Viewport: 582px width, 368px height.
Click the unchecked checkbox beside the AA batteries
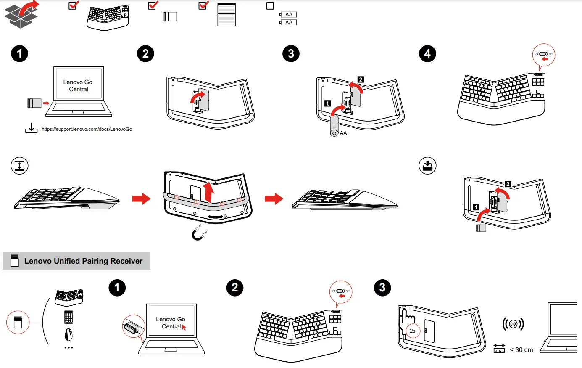pos(270,6)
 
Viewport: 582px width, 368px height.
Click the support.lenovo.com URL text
pos(87,129)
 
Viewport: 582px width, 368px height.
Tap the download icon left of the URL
pos(31,128)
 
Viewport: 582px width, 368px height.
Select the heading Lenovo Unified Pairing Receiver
pos(83,261)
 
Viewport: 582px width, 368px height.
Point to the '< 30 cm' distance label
pos(521,350)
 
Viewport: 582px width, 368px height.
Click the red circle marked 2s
pos(412,331)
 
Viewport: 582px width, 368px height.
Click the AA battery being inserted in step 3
pos(334,127)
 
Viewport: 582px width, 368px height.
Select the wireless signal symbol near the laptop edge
pos(513,324)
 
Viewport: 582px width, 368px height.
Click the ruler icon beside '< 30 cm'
pos(499,349)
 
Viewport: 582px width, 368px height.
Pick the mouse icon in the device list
pos(68,335)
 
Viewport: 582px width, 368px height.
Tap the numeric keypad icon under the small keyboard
pos(68,317)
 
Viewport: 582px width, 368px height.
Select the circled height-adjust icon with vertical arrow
pos(19,165)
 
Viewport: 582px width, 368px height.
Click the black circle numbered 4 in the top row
pos(427,54)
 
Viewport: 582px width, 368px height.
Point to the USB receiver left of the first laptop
pos(34,103)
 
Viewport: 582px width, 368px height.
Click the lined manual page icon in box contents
pos(226,15)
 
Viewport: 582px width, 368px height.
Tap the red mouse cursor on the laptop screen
pos(184,327)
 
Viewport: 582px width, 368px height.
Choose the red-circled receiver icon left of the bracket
pos(18,323)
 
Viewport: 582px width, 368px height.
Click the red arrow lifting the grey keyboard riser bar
pos(208,192)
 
